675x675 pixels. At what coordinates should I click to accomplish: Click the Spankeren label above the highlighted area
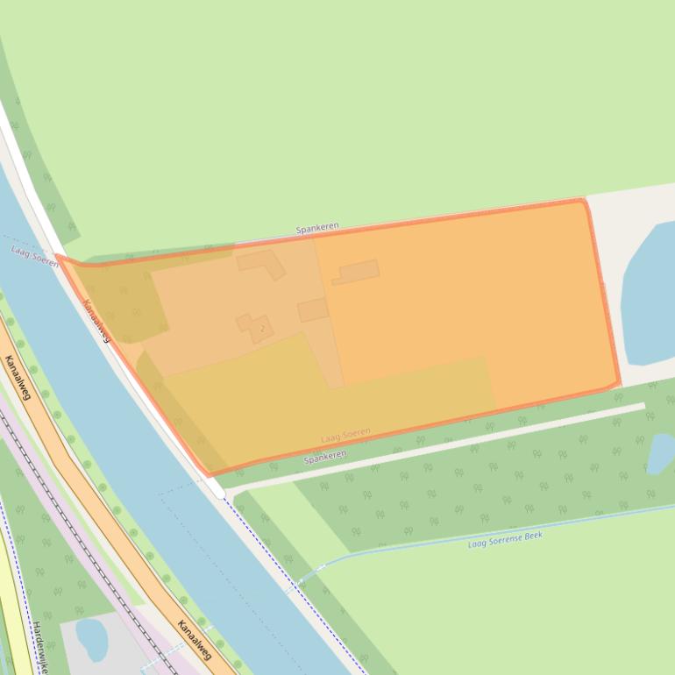pyautogui.click(x=316, y=228)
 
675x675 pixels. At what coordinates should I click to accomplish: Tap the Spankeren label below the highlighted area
pyautogui.click(x=325, y=457)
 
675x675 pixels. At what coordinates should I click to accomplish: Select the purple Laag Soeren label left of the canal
pyautogui.click(x=34, y=256)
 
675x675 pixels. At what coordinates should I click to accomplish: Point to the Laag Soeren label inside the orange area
pyautogui.click(x=345, y=436)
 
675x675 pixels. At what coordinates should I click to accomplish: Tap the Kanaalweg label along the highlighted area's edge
pyautogui.click(x=96, y=321)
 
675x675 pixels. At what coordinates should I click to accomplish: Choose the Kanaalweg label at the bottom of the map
pyautogui.click(x=195, y=639)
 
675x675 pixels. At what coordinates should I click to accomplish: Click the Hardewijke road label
pyautogui.click(x=39, y=649)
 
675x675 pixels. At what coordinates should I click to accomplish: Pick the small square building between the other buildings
pyautogui.click(x=313, y=309)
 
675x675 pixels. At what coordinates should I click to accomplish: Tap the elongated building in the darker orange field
pyautogui.click(x=357, y=272)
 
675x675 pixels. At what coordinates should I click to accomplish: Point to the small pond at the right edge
pyautogui.click(x=661, y=452)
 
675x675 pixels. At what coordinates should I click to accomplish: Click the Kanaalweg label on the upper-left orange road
pyautogui.click(x=18, y=377)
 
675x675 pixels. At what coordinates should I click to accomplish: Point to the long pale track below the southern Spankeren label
pyautogui.click(x=438, y=447)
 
